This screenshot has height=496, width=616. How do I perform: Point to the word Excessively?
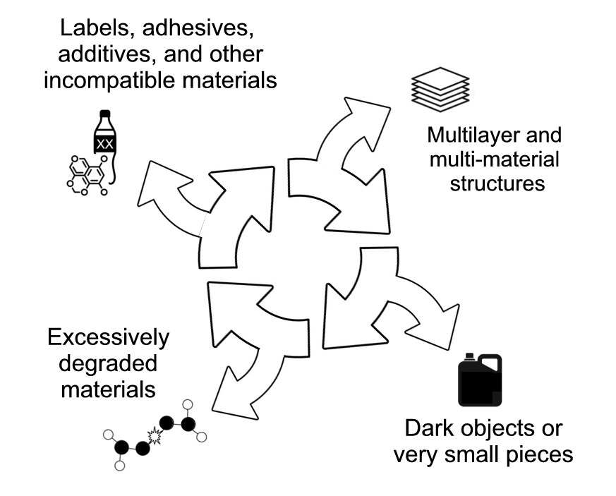[108, 338]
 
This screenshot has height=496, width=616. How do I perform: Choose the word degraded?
[108, 363]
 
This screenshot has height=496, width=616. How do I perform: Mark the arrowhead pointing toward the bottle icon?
[158, 185]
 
